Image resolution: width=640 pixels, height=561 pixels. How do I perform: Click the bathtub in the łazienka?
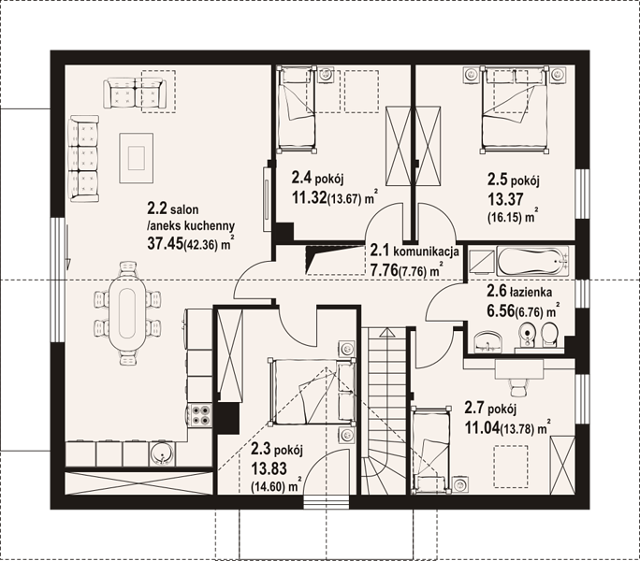coord(532,261)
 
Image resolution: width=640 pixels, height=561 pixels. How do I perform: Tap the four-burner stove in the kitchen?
coord(200,414)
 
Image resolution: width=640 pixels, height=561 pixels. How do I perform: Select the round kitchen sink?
coord(162,454)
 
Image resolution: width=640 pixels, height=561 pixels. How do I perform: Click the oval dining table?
coord(127,313)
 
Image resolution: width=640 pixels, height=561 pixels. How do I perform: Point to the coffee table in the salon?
coord(137,158)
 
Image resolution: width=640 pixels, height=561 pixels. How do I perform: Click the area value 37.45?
coord(166,244)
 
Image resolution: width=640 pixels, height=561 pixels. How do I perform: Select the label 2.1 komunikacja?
coord(415,251)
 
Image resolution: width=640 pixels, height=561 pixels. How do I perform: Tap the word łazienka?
coord(531,292)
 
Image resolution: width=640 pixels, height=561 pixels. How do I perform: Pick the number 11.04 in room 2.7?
coord(482,428)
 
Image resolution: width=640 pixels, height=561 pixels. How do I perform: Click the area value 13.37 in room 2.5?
coord(505,199)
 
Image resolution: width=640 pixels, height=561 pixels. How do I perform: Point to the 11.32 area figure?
coord(310,198)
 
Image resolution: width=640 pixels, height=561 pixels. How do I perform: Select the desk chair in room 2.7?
coord(519,386)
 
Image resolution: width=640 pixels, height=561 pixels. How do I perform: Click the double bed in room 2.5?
coord(515,109)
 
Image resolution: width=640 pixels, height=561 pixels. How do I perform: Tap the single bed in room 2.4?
coord(297,109)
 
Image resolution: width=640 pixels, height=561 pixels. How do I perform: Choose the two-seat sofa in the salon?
coord(135,93)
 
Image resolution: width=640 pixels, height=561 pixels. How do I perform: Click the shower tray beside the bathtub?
coord(481,263)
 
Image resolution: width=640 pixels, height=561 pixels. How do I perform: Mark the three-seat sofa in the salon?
coord(84,158)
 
